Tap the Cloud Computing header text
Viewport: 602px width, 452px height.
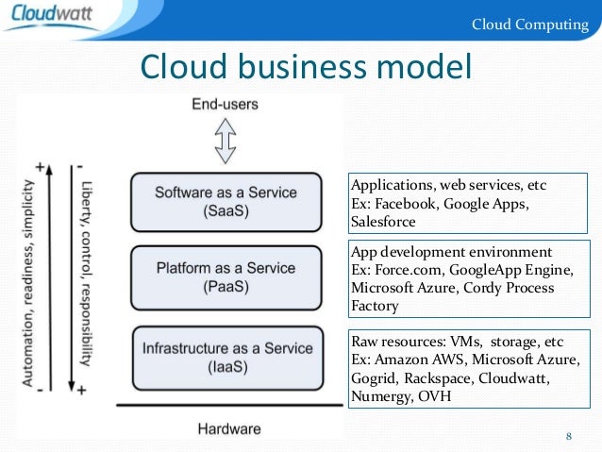[529, 24]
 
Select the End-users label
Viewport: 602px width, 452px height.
[225, 104]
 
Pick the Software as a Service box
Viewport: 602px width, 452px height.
[226, 201]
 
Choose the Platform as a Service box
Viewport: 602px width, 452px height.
[226, 278]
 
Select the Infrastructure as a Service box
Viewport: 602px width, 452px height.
[226, 357]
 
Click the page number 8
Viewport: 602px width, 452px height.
[568, 435]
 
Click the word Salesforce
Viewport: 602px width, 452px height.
[383, 222]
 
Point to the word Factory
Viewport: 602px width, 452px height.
[375, 307]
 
